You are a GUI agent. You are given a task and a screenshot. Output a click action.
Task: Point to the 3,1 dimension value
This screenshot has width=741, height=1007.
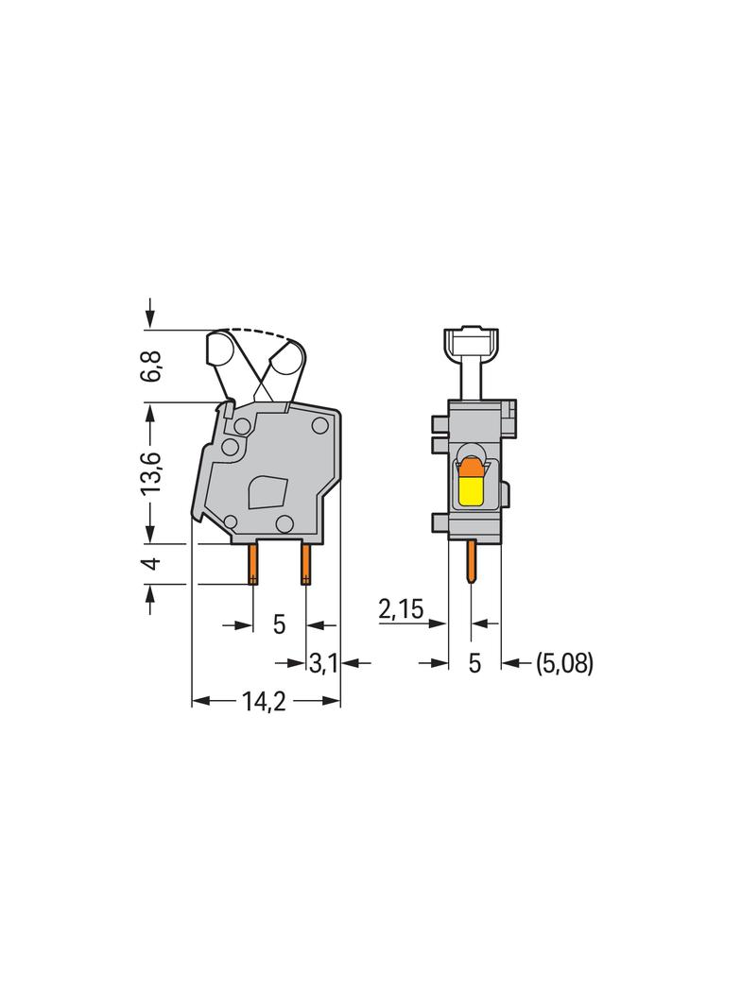pyautogui.click(x=324, y=663)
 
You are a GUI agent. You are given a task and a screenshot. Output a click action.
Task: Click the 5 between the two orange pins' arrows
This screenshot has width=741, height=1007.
pyautogui.click(x=280, y=623)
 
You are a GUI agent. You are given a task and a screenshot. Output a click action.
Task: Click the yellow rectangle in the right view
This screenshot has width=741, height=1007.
pyautogui.click(x=470, y=490)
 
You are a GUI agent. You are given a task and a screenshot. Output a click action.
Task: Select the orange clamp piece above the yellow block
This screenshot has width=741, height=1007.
pyautogui.click(x=469, y=466)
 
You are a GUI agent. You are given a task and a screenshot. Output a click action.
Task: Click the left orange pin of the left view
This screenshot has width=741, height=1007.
pyautogui.click(x=253, y=564)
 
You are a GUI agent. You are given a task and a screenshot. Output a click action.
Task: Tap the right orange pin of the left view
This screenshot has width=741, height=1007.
pyautogui.click(x=305, y=564)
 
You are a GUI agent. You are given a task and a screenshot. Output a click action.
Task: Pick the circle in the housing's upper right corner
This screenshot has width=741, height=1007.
pyautogui.click(x=320, y=426)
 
